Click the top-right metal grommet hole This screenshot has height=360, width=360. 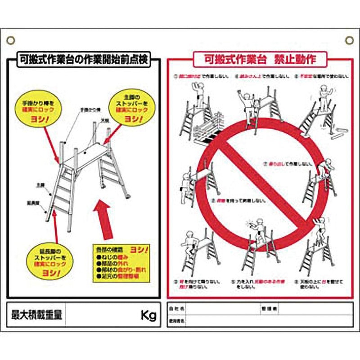[x=349, y=40]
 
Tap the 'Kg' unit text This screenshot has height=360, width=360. [x=148, y=315]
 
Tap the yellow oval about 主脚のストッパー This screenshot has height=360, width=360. [x=131, y=108]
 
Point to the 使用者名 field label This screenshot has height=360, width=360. [x=176, y=320]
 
